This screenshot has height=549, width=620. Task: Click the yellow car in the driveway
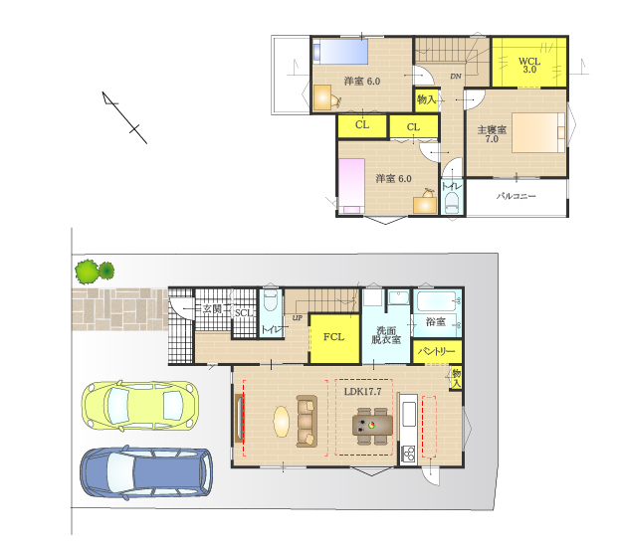140,405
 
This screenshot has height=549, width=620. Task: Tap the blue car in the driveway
146,472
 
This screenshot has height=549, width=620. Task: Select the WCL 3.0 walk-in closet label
529,66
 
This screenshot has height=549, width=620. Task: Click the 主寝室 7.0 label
492,134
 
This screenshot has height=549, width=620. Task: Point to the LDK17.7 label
362,391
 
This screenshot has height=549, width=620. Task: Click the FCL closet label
333,337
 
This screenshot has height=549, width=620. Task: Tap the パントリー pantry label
437,351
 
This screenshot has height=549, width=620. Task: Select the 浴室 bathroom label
436,321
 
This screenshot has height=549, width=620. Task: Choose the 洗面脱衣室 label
386,335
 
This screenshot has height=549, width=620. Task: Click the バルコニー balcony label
517,196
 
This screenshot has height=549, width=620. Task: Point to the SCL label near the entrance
244,313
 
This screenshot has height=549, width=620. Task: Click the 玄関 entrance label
212,308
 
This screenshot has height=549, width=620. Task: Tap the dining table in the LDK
372,426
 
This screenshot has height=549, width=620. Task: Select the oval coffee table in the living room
281,422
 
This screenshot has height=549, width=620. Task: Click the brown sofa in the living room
307,422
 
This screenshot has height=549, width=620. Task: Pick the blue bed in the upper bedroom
340,51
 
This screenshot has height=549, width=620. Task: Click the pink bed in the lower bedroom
351,186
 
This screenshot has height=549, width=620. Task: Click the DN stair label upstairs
456,77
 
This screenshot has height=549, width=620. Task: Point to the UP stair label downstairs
297,318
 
